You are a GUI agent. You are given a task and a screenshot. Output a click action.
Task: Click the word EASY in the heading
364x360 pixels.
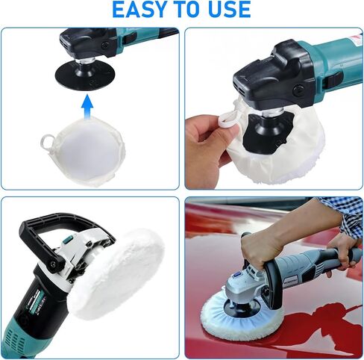coord(139,9)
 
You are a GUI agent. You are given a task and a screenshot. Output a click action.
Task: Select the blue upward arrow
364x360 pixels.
coord(87,106)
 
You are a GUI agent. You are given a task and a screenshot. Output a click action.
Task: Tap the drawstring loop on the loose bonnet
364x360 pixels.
coord(48,141)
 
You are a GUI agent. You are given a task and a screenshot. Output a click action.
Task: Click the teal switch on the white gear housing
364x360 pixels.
coord(67,240)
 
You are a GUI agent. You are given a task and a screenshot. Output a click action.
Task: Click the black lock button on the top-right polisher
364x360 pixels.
coord(334,80)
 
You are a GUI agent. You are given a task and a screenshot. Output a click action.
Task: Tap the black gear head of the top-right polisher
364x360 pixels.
coord(274,77)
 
